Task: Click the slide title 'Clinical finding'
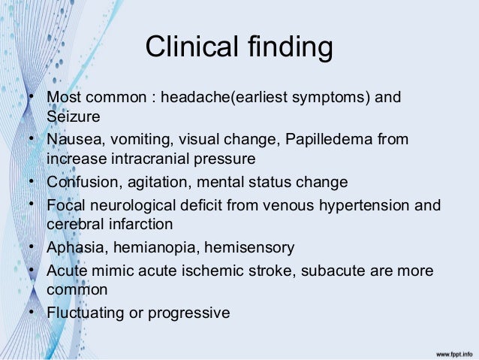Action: (239, 47)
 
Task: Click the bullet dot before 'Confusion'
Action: (33, 181)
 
